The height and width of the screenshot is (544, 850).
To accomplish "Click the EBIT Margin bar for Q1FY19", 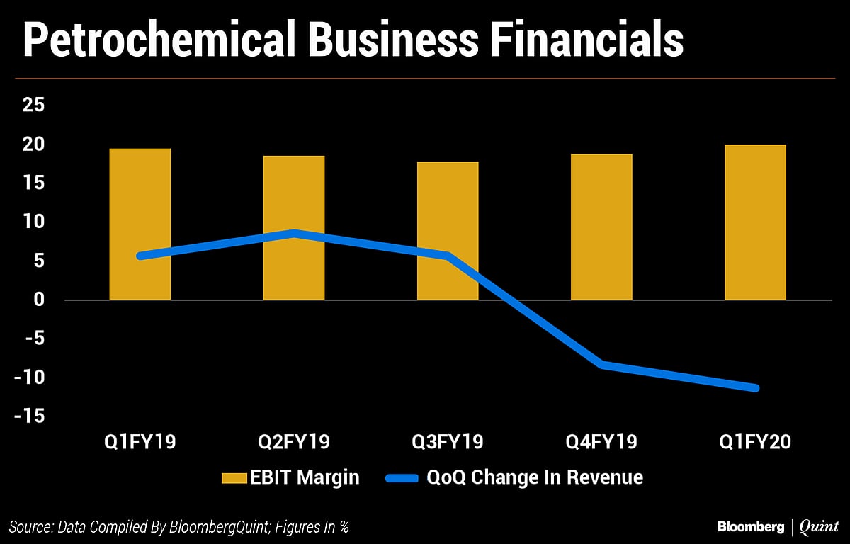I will (x=140, y=224).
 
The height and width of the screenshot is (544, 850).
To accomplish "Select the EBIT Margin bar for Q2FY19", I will (x=294, y=227).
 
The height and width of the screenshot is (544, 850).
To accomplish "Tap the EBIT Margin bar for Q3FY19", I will (x=448, y=231).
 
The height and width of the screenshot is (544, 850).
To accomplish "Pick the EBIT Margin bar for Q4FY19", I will (x=601, y=227).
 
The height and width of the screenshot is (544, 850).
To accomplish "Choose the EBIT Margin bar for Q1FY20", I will (x=755, y=222).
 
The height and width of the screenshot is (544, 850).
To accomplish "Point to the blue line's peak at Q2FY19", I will (x=294, y=233).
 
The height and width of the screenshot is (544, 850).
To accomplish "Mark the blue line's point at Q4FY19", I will (x=601, y=365).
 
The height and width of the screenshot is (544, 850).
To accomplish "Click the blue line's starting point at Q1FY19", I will (x=140, y=256).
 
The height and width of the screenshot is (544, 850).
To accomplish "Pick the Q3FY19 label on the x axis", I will (x=448, y=442).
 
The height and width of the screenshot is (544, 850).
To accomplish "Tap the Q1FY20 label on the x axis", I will (x=755, y=442).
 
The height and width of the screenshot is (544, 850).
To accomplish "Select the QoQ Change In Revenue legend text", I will (x=535, y=477).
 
